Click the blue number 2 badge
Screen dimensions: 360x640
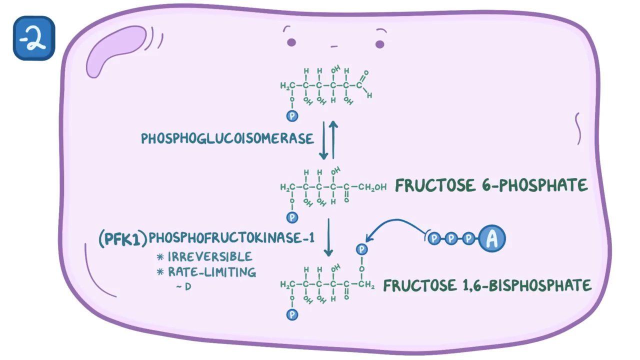point(33,38)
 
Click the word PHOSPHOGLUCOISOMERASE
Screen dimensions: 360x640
point(227,138)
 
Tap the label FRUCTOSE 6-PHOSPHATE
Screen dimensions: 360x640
point(491,185)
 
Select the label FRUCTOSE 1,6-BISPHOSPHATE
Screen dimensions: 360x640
point(487,285)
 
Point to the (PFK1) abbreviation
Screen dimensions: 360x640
point(123,238)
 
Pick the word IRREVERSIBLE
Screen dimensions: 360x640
point(209,257)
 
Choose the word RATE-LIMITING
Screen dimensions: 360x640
point(211,272)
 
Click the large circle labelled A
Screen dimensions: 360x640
point(492,239)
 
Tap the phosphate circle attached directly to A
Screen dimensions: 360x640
point(468,239)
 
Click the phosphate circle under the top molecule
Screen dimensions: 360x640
point(292,116)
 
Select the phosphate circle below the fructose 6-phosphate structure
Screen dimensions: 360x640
point(292,217)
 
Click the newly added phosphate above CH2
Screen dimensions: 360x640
point(362,249)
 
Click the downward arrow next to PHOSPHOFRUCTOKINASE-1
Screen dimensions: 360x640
point(328,237)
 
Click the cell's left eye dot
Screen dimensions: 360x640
point(291,42)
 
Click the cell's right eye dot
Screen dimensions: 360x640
point(379,44)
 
